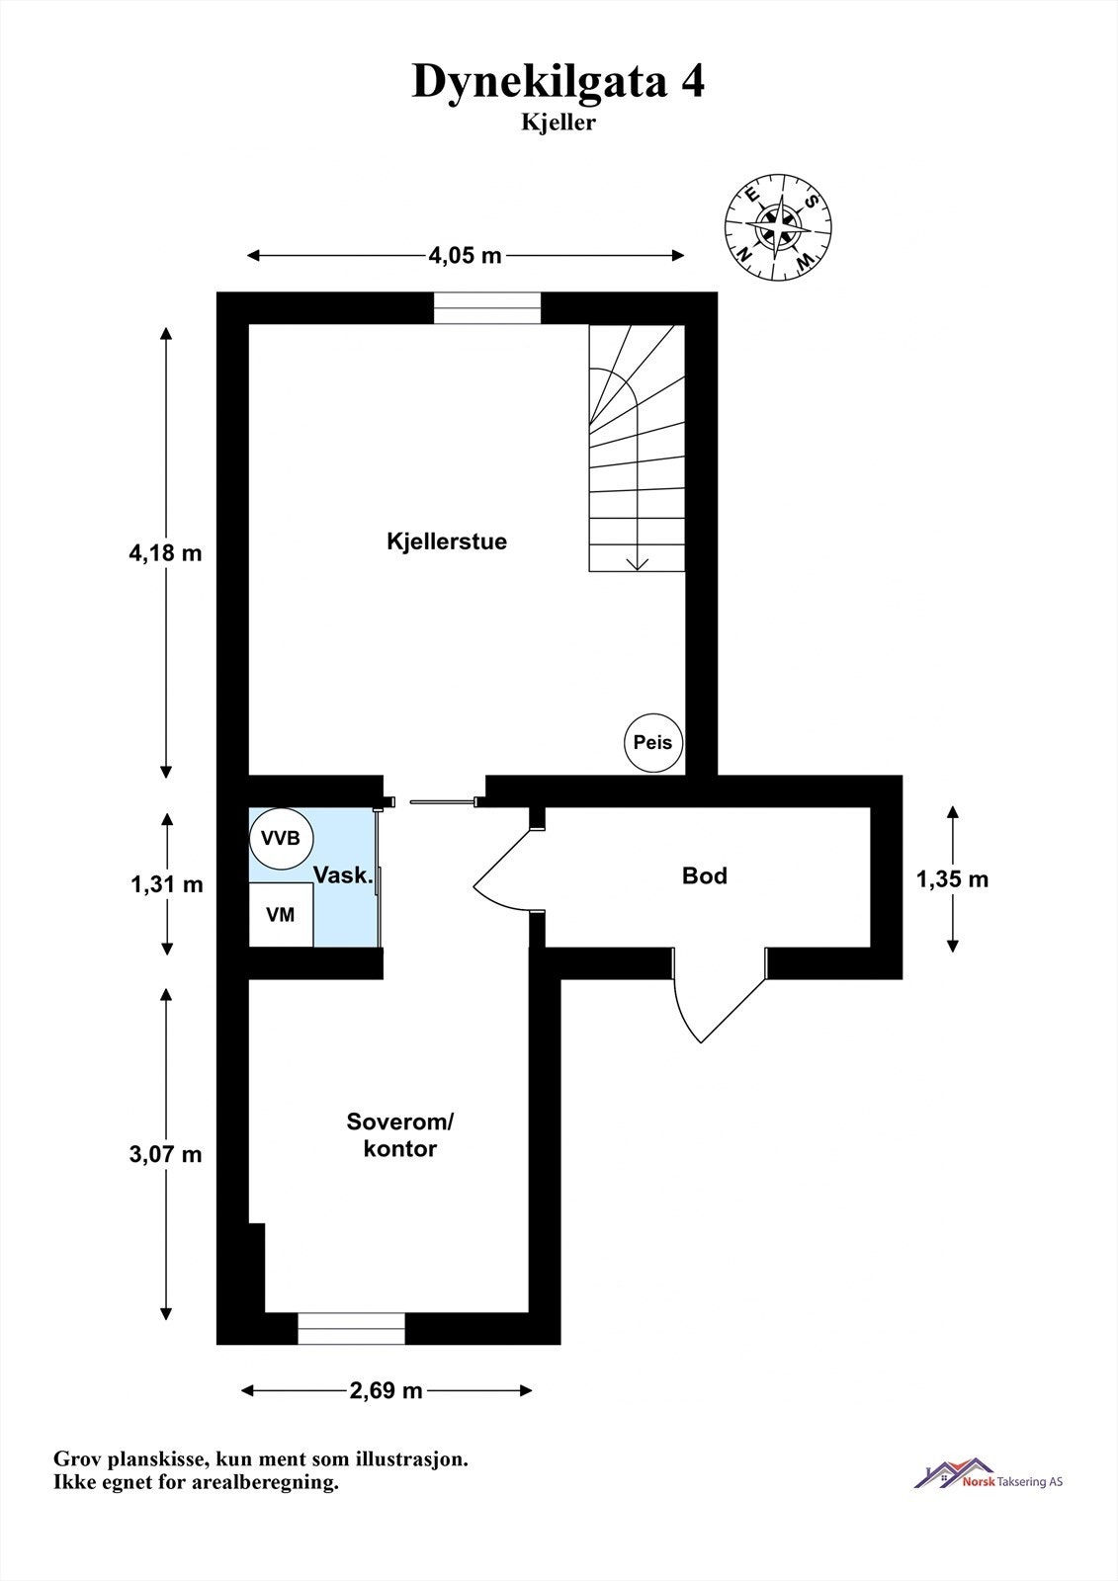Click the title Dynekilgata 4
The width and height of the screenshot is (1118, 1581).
point(558,81)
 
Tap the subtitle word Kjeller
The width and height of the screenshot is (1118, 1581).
point(559,123)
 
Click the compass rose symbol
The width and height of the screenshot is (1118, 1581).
point(777,225)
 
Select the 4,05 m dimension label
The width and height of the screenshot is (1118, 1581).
point(465,256)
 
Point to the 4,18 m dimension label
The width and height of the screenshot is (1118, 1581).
point(165,552)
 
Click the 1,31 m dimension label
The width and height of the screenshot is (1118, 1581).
point(166,884)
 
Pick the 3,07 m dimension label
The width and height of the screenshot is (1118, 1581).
point(165,1153)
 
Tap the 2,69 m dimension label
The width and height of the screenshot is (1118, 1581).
point(386,1390)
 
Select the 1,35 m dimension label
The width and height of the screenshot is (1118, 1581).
point(952,878)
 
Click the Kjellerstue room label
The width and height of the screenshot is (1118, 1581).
point(447,541)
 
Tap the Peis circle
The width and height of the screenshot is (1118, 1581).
point(652,742)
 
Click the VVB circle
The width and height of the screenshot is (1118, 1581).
point(281,838)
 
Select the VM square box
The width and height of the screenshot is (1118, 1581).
point(281,915)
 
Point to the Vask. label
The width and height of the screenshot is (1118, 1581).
point(343,875)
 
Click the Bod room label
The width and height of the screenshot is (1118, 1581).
point(705,875)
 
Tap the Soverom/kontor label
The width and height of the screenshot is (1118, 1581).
point(400,1135)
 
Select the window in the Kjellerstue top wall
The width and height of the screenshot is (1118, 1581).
point(487,309)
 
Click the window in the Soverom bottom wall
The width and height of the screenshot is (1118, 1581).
point(352,1329)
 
